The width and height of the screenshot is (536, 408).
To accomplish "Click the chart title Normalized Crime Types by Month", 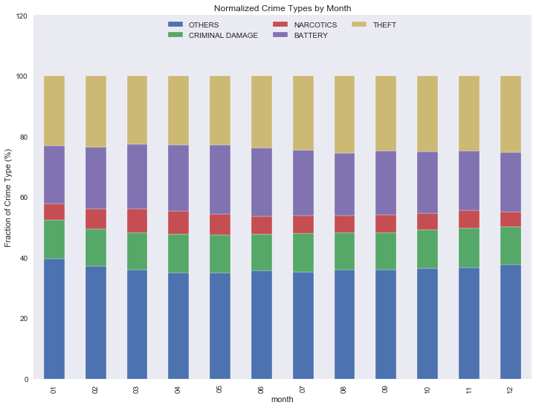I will coord(282,8).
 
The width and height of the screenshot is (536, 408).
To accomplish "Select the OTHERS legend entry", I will coord(203,25).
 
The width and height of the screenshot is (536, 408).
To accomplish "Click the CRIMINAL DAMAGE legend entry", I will coord(222,35).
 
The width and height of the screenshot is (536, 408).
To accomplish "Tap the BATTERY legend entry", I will coord(310,35).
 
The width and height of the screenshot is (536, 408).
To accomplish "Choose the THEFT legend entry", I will coord(384,25).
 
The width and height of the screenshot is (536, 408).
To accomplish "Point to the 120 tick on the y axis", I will coord(19,16).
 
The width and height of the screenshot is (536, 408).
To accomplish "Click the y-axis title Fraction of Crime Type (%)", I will coord(8,198).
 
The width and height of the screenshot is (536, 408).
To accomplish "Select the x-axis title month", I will coord(282,401).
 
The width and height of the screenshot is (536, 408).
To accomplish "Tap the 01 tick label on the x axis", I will coord(54,389).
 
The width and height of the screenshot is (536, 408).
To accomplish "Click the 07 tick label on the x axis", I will coord(303,389).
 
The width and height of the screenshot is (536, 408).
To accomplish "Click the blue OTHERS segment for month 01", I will coord(54,319).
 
